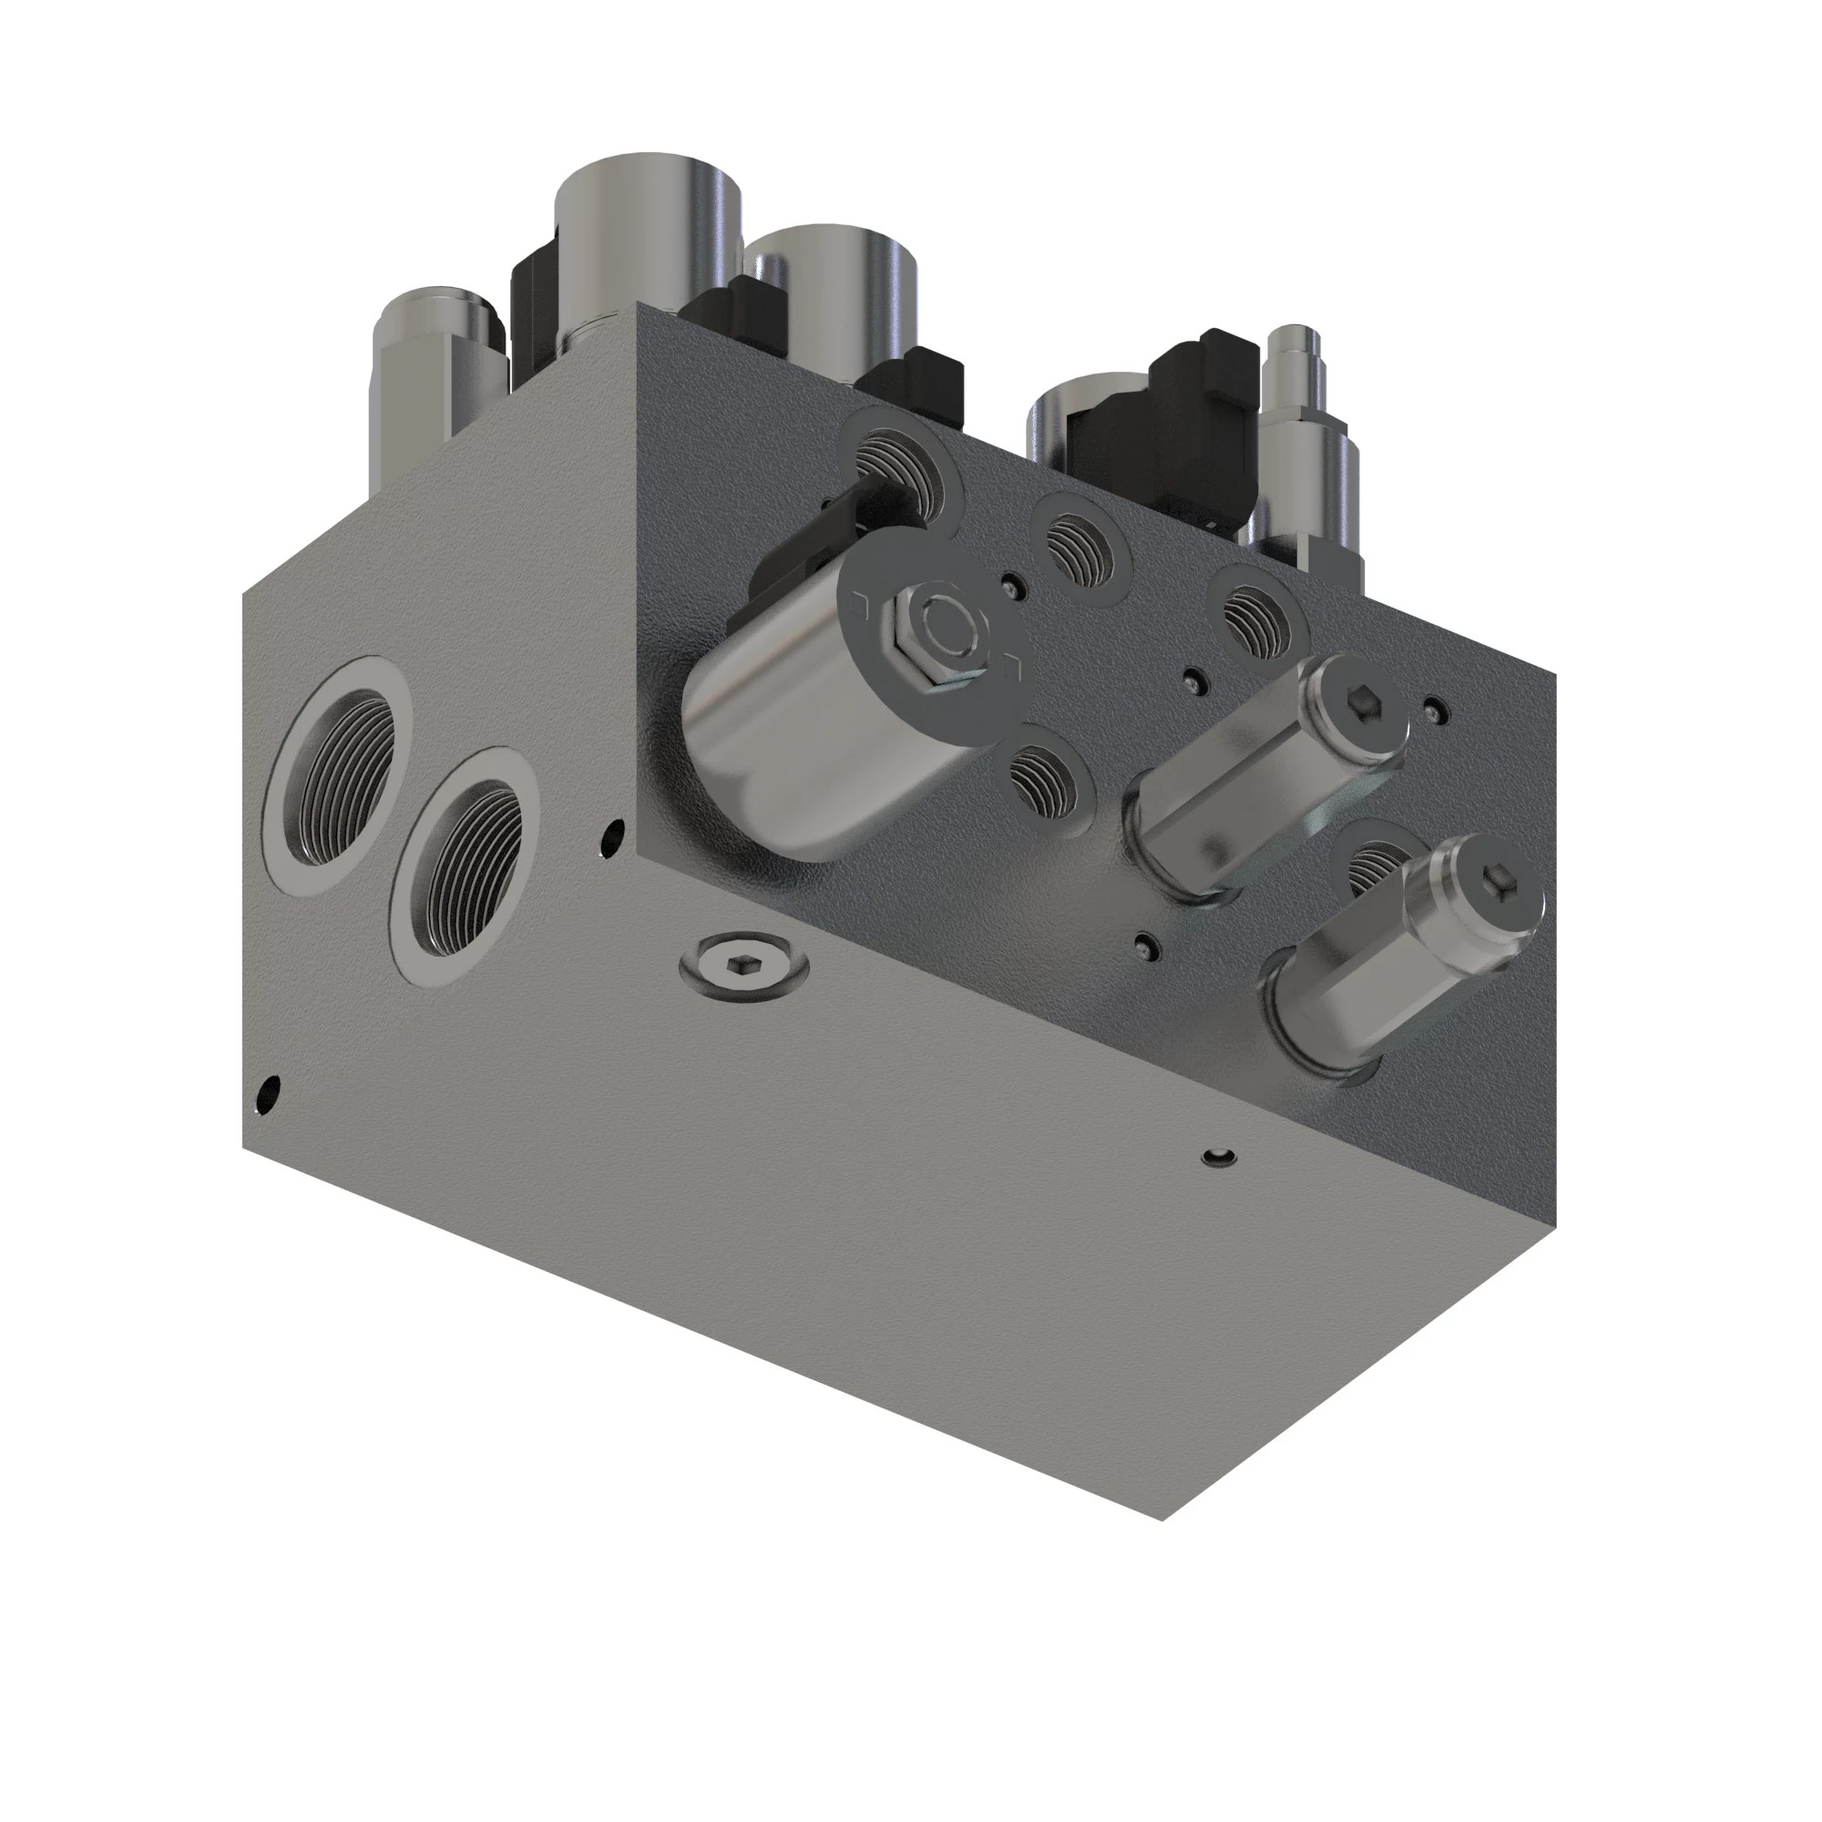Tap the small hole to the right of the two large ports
(614, 834)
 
